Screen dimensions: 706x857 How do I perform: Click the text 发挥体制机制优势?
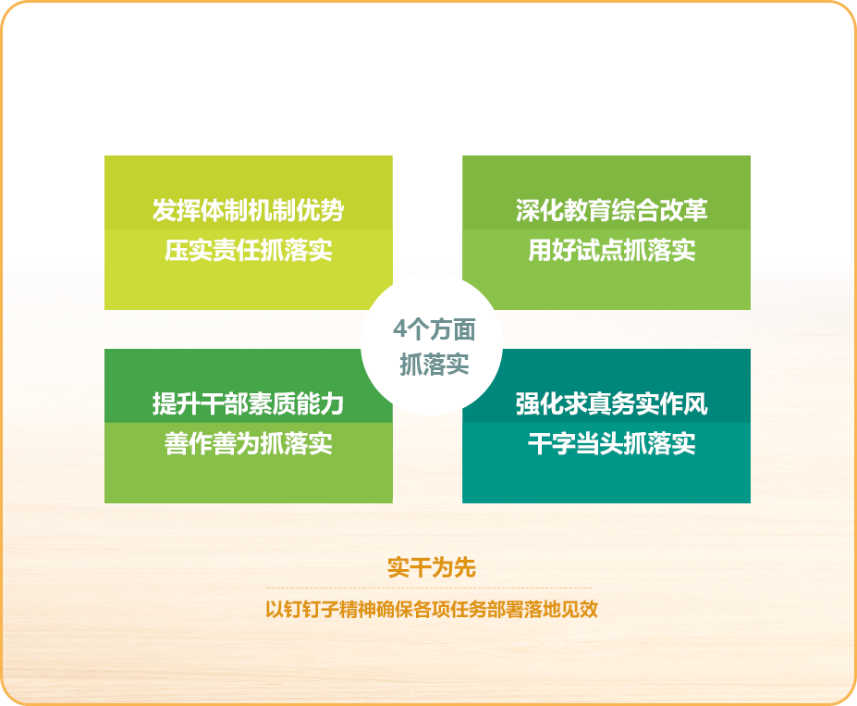248,211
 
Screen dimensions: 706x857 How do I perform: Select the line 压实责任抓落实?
248,251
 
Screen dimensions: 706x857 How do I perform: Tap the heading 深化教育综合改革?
611,211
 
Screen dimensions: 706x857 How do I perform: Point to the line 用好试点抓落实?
611,251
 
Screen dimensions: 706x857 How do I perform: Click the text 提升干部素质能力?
248,404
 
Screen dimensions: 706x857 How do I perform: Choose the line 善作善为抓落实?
248,444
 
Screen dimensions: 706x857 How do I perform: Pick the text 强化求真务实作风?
611,404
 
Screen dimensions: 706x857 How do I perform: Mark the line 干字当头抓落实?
611,444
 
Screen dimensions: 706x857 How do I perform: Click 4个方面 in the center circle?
434,330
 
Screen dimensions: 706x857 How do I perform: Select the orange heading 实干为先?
431,568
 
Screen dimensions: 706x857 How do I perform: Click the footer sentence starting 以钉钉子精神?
431,611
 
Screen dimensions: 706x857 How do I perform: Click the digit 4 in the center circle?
399,330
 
